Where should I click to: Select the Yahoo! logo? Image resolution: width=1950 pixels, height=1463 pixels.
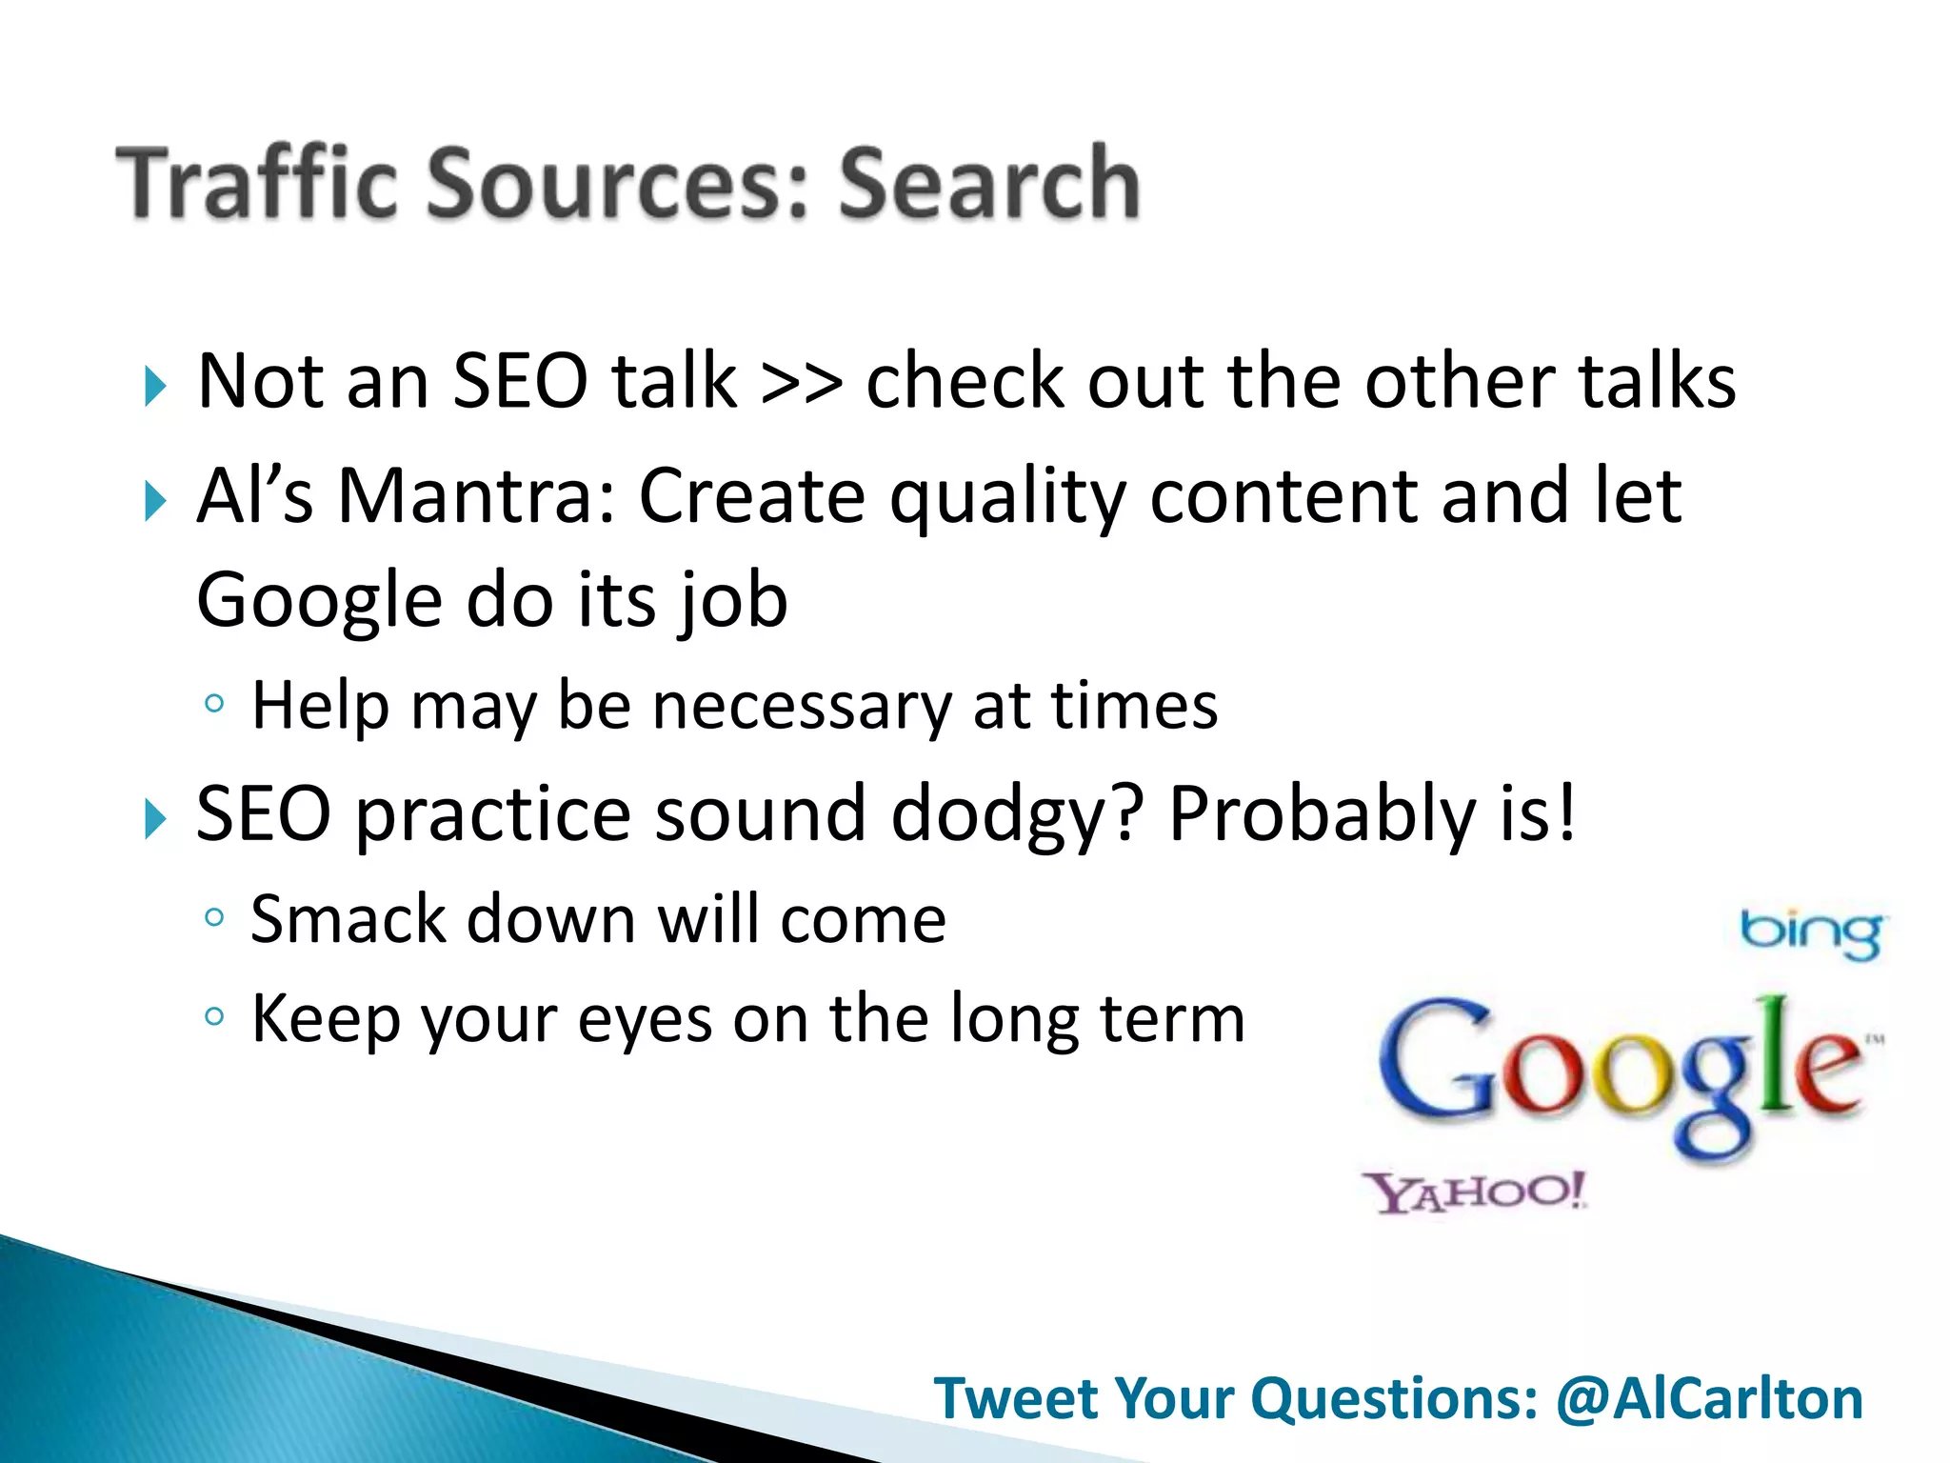click(1475, 1192)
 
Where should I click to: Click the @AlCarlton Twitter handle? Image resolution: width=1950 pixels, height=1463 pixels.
click(1709, 1398)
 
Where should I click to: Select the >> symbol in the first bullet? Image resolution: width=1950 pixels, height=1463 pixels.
click(801, 382)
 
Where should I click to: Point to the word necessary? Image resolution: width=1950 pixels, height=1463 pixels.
click(802, 707)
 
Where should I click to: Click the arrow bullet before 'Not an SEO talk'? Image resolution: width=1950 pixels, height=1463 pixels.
click(155, 387)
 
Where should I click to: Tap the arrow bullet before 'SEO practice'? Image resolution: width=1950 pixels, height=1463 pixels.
click(155, 819)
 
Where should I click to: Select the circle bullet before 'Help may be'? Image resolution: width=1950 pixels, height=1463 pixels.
click(215, 705)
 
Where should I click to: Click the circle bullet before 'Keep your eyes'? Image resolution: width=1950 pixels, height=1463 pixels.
click(215, 1016)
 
